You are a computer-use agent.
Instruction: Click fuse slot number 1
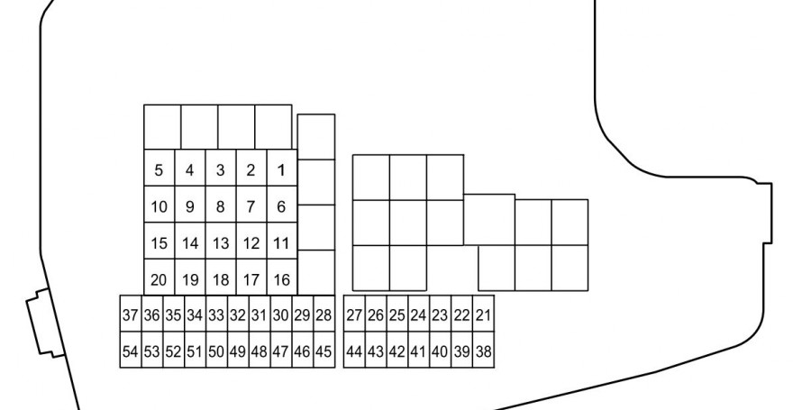click(282, 168)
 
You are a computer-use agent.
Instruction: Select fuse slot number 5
click(160, 168)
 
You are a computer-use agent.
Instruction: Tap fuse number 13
click(221, 241)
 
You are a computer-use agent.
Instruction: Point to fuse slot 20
click(160, 278)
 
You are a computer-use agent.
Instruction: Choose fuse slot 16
click(282, 278)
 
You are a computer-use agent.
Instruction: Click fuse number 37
click(131, 314)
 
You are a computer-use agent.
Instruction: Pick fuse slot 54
click(131, 350)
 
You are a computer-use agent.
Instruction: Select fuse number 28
click(324, 314)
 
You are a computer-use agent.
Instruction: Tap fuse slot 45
click(324, 350)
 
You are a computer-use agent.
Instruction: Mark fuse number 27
click(354, 314)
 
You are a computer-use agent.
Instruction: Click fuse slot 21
click(484, 314)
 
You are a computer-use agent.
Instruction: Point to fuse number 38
click(484, 350)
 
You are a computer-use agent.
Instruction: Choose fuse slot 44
click(354, 350)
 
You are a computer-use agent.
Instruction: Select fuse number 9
click(190, 205)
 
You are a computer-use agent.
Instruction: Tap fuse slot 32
click(238, 314)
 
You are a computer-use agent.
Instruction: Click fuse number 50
click(216, 350)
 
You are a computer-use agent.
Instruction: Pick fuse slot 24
click(419, 314)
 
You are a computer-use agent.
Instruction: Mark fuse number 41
click(419, 350)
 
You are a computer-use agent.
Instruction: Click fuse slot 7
click(251, 205)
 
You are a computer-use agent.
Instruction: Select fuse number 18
click(221, 278)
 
